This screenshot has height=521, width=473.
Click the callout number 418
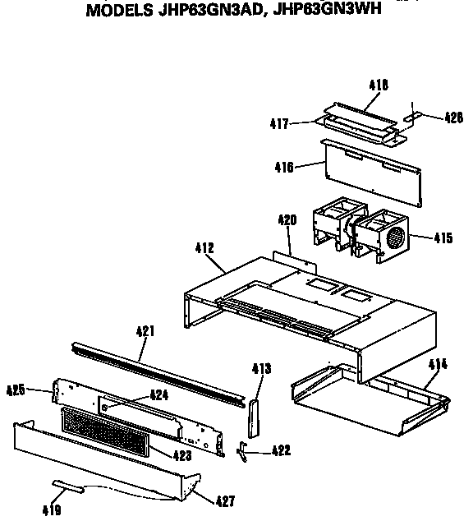[379, 85]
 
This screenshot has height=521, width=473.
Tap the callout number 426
[454, 118]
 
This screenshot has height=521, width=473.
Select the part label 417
[279, 123]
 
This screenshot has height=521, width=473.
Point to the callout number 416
[284, 167]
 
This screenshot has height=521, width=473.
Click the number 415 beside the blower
[443, 237]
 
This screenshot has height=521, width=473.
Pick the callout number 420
[287, 220]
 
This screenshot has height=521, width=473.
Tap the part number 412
[204, 248]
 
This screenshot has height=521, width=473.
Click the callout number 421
[145, 331]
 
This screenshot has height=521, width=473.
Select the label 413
[262, 368]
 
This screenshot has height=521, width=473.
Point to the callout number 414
[438, 365]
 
